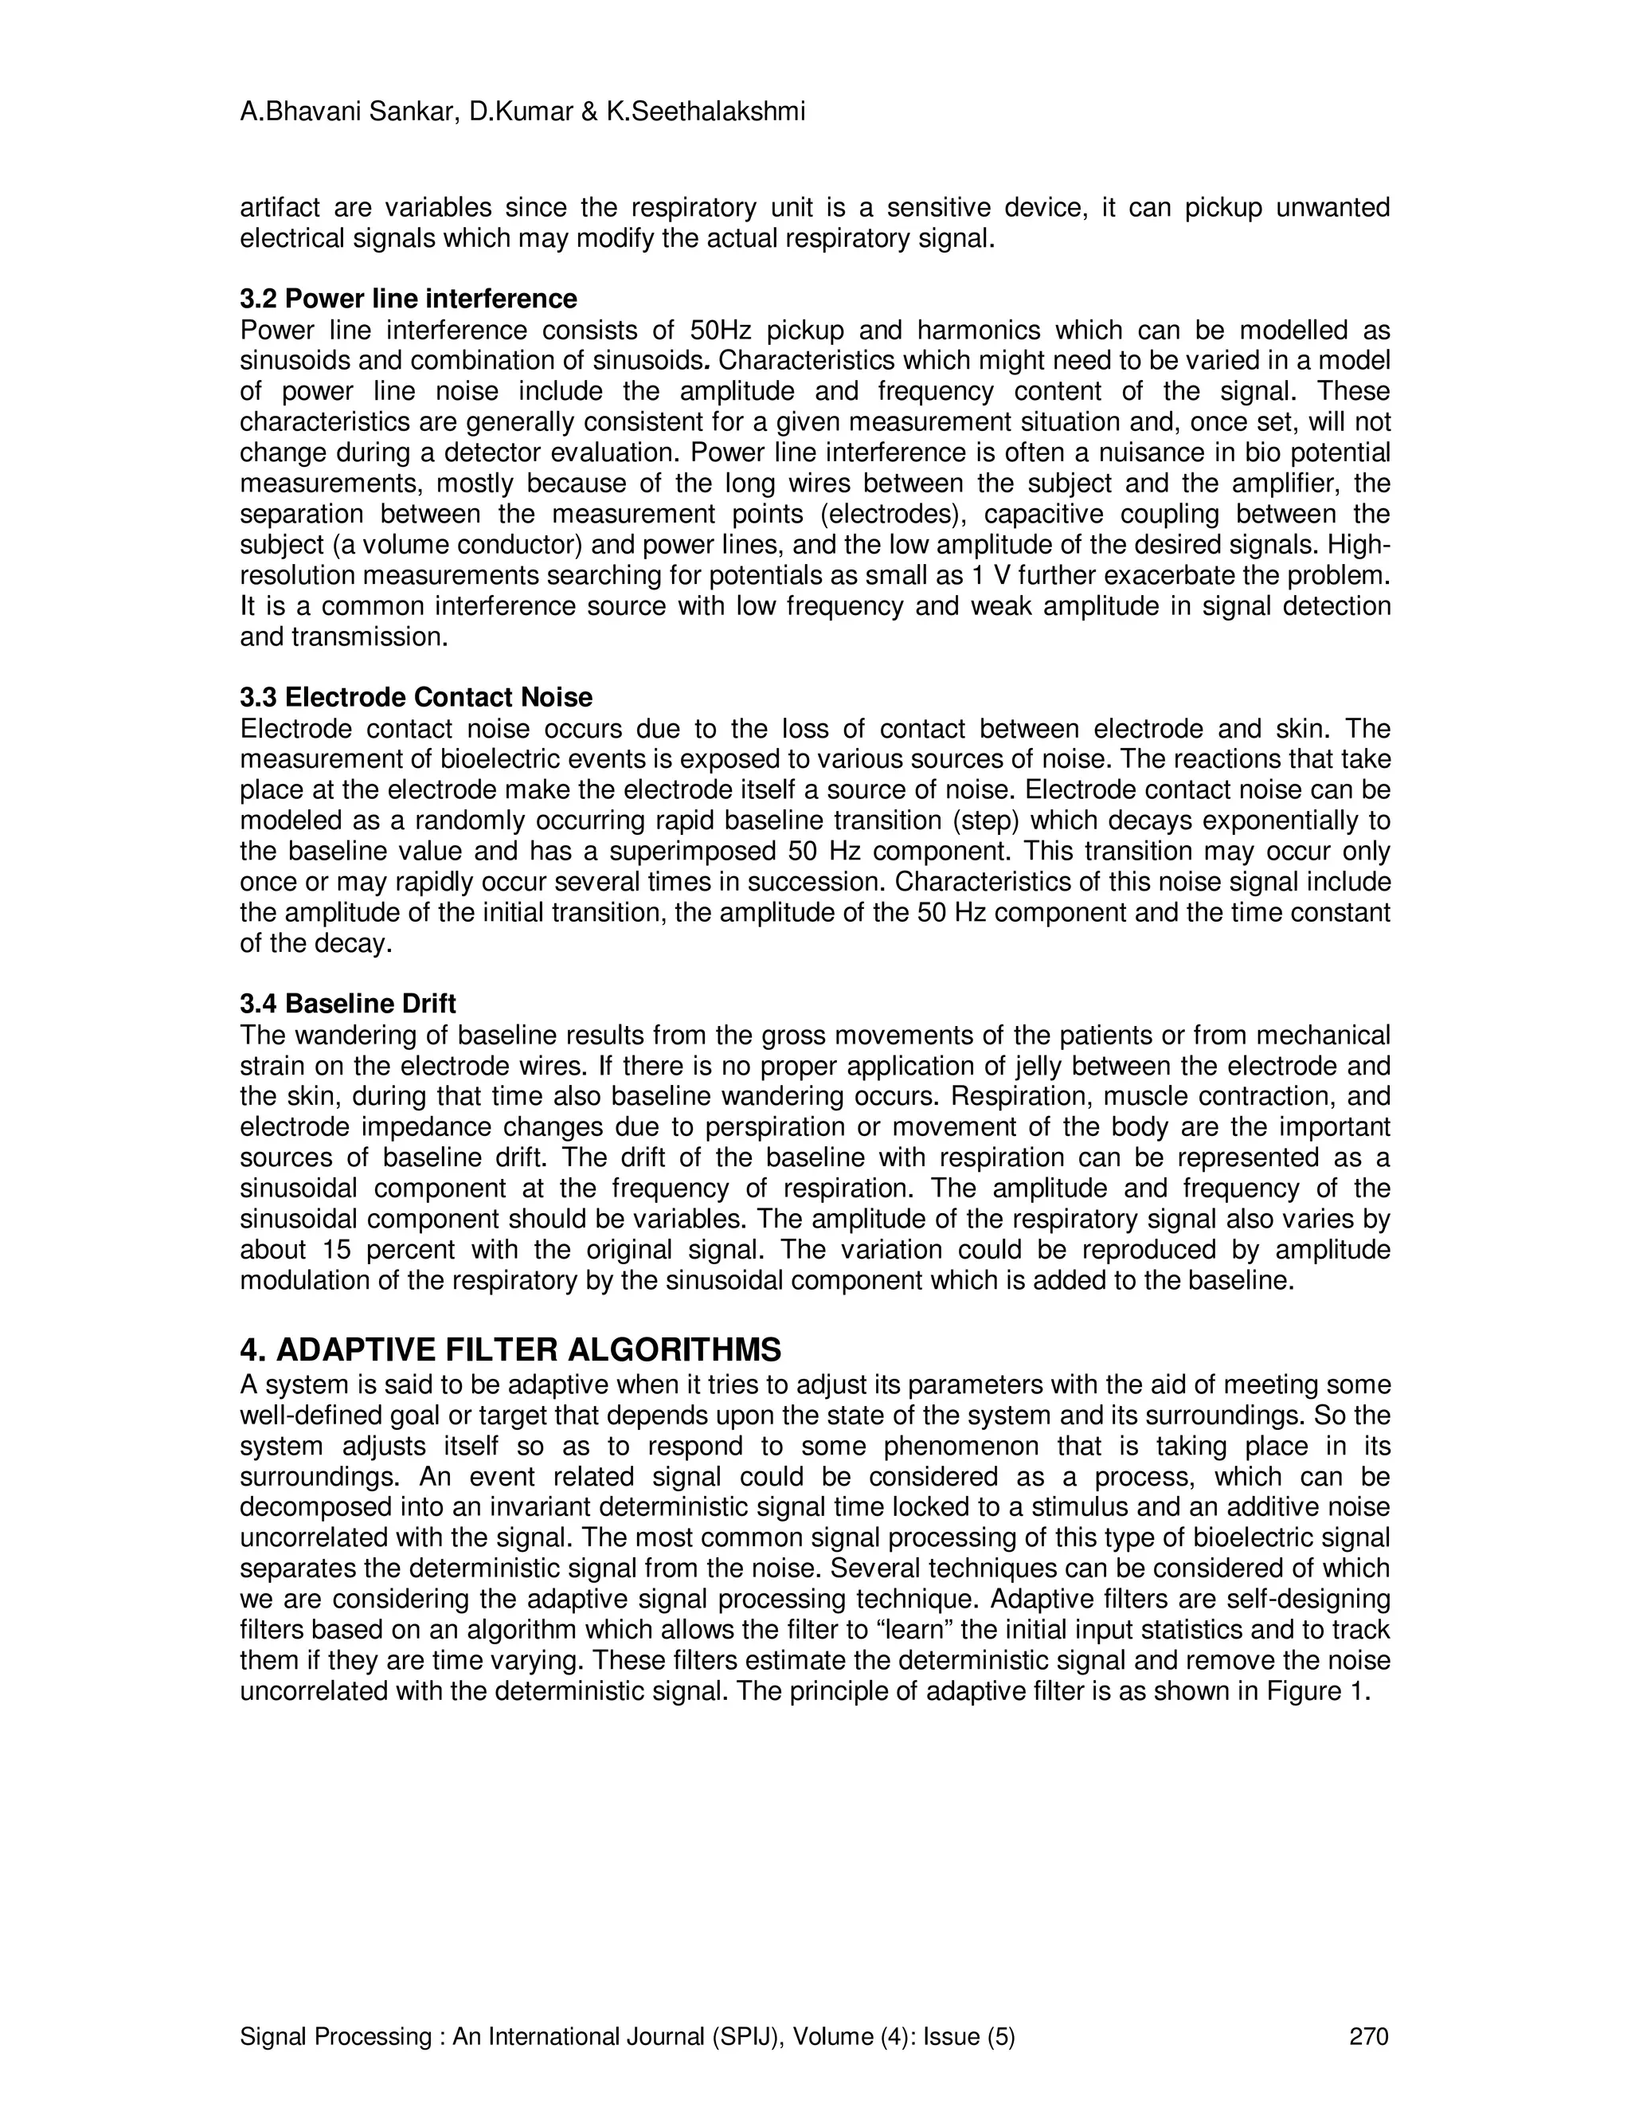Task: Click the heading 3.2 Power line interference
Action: [x=408, y=298]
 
